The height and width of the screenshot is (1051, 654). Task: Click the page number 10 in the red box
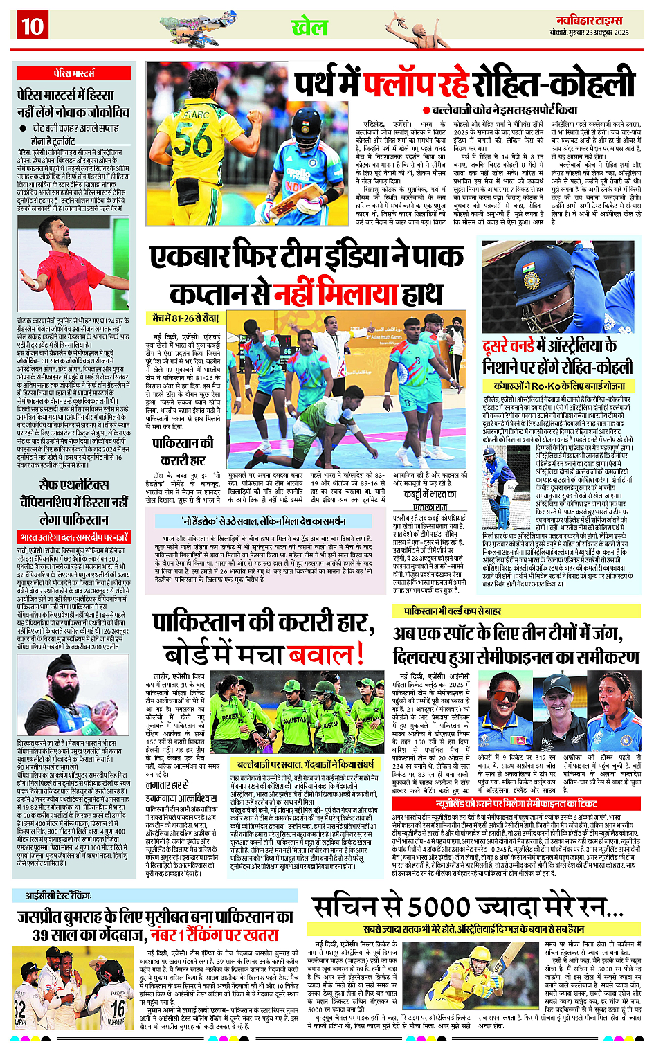point(32,26)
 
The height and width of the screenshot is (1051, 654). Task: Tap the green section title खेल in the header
point(309,28)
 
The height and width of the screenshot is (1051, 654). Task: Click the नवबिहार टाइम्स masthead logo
point(589,20)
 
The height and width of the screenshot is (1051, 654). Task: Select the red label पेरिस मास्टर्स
point(73,73)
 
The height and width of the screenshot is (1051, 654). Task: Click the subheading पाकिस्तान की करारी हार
point(183,451)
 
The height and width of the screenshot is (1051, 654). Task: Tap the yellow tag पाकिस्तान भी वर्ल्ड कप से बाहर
point(453,611)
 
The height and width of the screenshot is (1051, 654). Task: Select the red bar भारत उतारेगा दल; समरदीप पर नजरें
point(73,537)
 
